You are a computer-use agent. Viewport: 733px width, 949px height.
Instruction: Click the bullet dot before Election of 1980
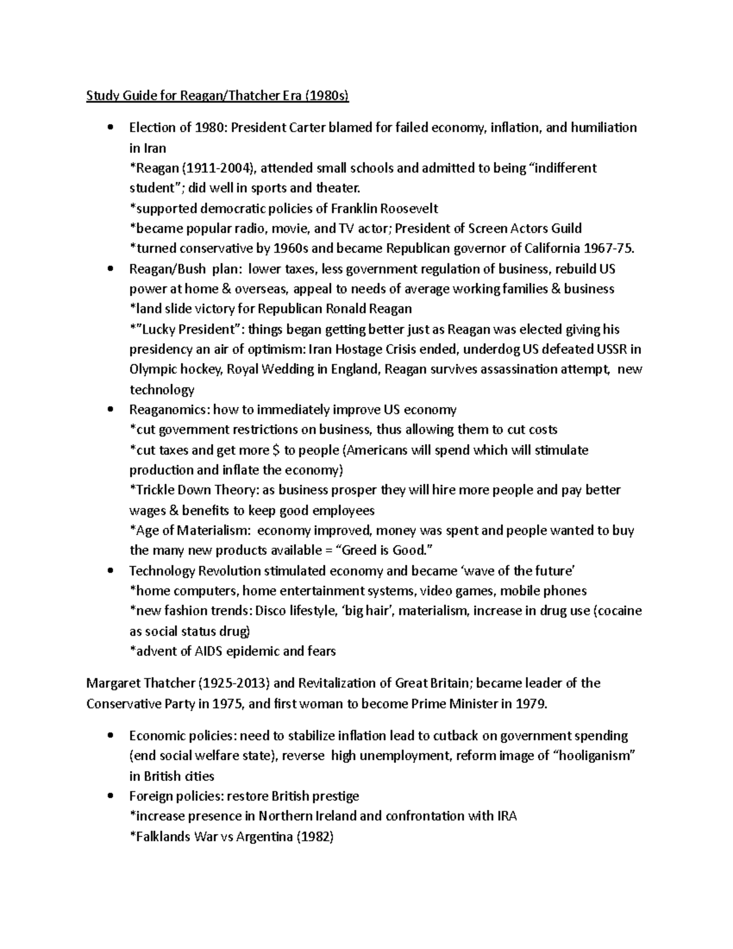coord(110,128)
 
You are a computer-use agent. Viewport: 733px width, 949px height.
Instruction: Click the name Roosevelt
coord(409,208)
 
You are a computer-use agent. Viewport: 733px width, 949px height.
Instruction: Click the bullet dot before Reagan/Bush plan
coord(110,269)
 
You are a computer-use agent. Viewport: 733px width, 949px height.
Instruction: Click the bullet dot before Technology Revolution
coord(110,571)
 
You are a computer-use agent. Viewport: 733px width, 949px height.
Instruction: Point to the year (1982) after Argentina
coord(315,837)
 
